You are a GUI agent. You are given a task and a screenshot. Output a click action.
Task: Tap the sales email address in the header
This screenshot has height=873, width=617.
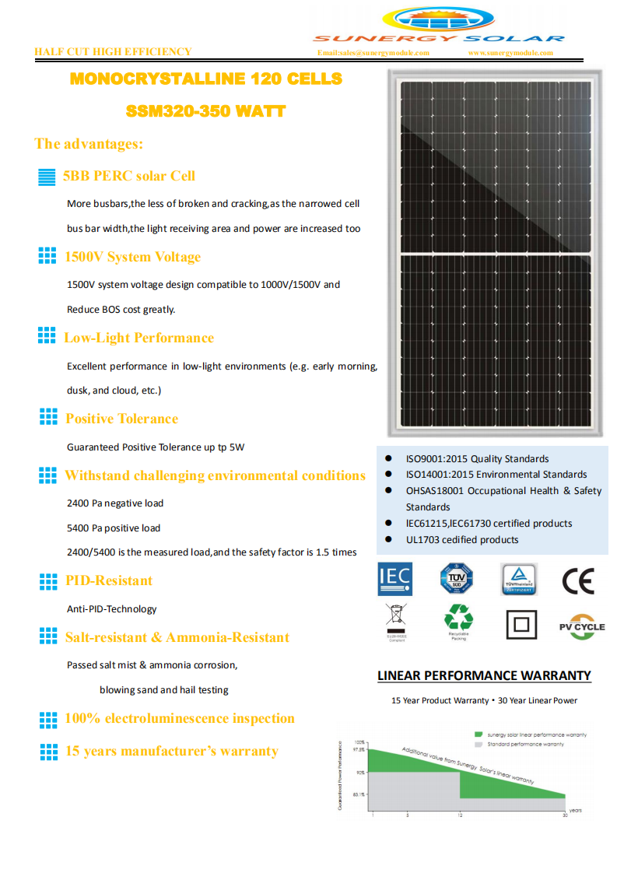pos(373,53)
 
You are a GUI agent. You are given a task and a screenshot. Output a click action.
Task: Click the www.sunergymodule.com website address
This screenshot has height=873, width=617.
pos(510,53)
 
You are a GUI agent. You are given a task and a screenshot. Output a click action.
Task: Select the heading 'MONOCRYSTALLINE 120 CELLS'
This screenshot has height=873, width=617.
pos(206,79)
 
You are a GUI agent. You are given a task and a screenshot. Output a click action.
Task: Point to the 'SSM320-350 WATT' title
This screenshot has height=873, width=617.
pos(205,112)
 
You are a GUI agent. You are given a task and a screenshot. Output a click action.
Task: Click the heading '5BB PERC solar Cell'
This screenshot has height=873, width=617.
pos(129,176)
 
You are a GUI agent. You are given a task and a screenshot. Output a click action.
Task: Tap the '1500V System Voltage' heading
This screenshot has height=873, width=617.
pos(133,257)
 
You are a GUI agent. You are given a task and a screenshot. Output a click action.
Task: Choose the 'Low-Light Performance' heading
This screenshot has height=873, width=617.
pos(138,338)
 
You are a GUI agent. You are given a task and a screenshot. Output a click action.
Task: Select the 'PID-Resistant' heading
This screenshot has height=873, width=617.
pos(109,580)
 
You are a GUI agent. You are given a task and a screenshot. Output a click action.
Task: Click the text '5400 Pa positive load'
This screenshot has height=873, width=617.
pos(114,528)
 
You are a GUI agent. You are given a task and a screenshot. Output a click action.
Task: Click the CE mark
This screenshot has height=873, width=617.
pos(577,581)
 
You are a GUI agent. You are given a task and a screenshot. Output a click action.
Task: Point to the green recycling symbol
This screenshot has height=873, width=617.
pos(458,619)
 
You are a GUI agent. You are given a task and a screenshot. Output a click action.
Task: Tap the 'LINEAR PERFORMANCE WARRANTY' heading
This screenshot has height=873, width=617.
pos(484,675)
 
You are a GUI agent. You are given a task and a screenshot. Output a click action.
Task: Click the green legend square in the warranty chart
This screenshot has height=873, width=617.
pos(479,735)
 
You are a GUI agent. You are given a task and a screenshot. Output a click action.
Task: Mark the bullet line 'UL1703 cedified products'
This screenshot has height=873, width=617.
pos(461,540)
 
